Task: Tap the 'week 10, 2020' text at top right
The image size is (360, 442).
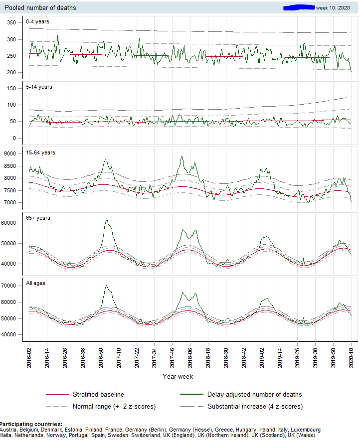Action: click(x=333, y=8)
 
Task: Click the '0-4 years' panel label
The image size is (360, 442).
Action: click(x=37, y=21)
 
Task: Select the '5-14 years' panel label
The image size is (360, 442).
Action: click(x=39, y=87)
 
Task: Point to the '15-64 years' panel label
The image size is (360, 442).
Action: click(x=41, y=152)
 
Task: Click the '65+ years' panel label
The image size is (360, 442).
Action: click(x=38, y=218)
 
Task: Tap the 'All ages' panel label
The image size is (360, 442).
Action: click(x=35, y=284)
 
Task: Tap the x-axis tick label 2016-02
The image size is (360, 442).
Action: click(x=29, y=357)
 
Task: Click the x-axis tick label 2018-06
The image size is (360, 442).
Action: click(x=190, y=357)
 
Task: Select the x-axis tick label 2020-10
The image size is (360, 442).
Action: click(x=351, y=357)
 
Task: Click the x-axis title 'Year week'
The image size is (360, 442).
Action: click(x=178, y=377)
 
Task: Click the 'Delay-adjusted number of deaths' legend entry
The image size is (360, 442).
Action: click(x=254, y=394)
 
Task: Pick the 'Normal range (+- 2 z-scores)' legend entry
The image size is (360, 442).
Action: click(x=114, y=406)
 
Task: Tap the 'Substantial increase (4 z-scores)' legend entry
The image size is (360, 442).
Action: click(x=255, y=406)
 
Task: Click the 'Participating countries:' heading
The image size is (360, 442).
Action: click(x=31, y=424)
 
